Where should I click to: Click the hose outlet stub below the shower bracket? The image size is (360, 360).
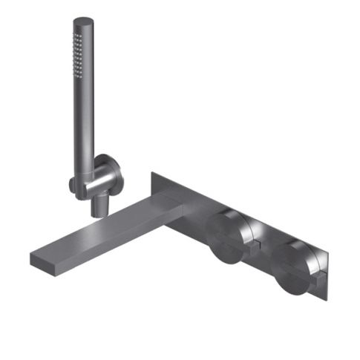(x=95, y=206)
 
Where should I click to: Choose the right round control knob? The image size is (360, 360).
(x=294, y=268)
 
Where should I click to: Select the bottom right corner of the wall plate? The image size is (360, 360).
(x=324, y=299)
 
